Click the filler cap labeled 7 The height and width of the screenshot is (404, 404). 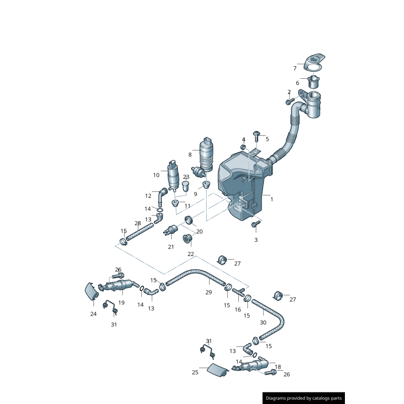click(314, 63)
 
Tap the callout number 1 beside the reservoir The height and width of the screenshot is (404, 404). click(272, 199)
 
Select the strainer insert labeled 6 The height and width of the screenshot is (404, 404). click(313, 81)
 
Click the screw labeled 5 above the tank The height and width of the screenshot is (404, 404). click(257, 136)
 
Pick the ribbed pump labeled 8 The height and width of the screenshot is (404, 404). click(205, 156)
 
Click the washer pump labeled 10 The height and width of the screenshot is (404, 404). click(173, 175)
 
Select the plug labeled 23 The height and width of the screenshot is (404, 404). click(185, 186)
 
